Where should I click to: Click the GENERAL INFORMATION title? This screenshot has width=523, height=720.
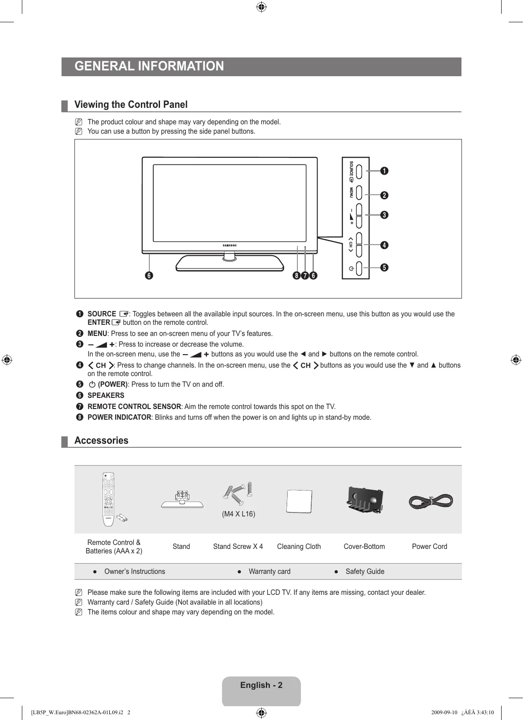click(x=149, y=66)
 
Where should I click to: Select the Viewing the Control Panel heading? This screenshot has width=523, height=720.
click(x=131, y=105)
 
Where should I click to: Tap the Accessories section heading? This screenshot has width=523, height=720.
click(x=101, y=441)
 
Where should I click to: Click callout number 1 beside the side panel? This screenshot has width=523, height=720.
click(x=384, y=171)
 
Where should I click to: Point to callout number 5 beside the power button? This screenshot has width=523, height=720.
click(x=384, y=267)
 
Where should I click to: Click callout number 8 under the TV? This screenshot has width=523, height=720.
click(x=297, y=276)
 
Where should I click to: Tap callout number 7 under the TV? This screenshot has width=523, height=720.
click(x=305, y=276)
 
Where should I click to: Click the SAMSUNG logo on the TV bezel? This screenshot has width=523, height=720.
click(x=230, y=245)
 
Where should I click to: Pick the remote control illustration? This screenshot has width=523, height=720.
click(x=108, y=499)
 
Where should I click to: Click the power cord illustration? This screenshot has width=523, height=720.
click(x=431, y=502)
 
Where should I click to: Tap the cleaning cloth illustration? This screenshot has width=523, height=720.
click(x=299, y=501)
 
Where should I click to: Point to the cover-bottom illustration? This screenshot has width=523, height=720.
click(x=365, y=500)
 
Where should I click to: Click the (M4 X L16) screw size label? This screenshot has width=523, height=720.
click(x=239, y=514)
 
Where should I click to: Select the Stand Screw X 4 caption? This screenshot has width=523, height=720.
click(x=238, y=547)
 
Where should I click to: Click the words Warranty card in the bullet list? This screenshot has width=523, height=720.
click(x=269, y=572)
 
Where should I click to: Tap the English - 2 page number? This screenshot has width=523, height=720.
click(x=261, y=685)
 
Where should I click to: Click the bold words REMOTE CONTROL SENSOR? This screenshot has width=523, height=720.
click(x=134, y=407)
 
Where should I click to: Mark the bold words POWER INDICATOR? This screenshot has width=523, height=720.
click(x=119, y=417)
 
